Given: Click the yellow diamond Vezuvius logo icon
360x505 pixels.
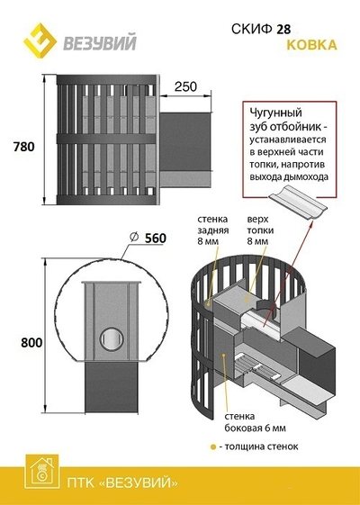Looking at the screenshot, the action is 40,41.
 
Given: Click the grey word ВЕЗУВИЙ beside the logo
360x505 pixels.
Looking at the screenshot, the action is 100,43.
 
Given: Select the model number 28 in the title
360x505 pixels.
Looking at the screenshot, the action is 283,30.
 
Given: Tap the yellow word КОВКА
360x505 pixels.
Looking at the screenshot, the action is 311,45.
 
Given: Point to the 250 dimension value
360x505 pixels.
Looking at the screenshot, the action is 185,86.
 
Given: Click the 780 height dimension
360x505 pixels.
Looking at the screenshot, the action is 23,147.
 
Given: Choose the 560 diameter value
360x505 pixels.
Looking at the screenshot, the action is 156,238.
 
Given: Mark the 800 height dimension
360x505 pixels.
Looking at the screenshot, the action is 31,342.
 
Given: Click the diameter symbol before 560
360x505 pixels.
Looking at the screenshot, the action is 134,238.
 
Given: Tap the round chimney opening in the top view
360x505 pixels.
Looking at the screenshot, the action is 112,338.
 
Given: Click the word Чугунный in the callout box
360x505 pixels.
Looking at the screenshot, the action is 276,113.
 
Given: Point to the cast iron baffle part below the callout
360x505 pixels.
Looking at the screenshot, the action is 298,208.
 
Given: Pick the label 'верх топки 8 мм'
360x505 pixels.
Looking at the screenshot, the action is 260,230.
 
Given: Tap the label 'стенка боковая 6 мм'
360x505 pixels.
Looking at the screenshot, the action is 255,422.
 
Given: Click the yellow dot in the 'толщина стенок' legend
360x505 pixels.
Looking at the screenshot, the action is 212,447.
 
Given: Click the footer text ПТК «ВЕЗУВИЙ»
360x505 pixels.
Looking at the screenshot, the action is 122,482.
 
